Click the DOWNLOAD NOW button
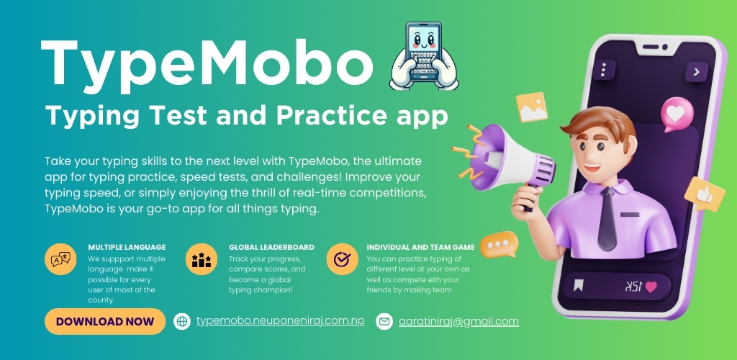click(x=105, y=321)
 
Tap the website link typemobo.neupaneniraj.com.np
click(x=281, y=321)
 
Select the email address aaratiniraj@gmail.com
click(x=458, y=321)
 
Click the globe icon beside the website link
click(x=182, y=321)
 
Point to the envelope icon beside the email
click(x=384, y=321)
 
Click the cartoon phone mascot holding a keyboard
click(x=424, y=55)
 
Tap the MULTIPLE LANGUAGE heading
click(x=127, y=247)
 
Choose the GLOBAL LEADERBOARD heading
click(x=271, y=247)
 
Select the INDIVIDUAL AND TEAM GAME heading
click(x=420, y=247)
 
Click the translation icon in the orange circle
click(x=60, y=259)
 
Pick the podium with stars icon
click(x=202, y=259)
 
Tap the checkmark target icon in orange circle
click(x=342, y=259)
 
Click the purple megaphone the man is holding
click(x=510, y=160)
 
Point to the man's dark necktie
click(x=607, y=218)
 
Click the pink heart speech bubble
click(x=677, y=114)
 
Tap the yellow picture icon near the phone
click(x=532, y=107)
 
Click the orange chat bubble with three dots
click(x=499, y=244)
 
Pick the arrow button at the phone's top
click(x=696, y=72)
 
